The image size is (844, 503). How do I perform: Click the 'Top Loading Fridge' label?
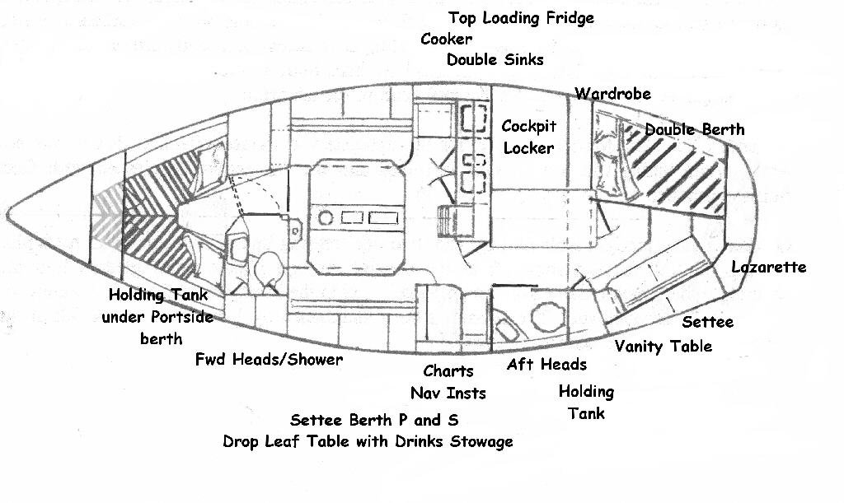[x=521, y=18]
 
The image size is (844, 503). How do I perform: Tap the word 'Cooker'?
[x=446, y=39]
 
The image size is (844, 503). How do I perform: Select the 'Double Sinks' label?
[x=495, y=59]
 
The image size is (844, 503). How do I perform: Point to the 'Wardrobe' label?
[x=612, y=93]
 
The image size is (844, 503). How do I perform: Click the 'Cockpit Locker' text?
[x=528, y=137]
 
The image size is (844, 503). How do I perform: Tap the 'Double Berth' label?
[x=694, y=129]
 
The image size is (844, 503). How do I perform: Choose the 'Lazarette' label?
[x=768, y=267]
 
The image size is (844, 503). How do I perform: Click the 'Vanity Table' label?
[x=663, y=346]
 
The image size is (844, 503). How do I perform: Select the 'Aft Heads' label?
[x=546, y=365]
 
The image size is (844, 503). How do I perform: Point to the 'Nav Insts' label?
[x=448, y=393]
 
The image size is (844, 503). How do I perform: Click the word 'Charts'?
[x=448, y=371]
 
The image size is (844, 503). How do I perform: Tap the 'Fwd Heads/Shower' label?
[x=269, y=360]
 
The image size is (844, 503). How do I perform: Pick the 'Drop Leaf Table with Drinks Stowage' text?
[x=368, y=441]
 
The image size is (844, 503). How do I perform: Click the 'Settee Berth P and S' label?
[x=374, y=420]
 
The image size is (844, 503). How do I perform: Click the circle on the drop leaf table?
[x=326, y=219]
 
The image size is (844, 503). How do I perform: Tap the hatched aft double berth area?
[x=676, y=165]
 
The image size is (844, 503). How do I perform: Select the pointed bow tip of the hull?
[x=10, y=216]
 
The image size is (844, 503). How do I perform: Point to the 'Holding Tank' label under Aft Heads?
[x=586, y=402]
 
